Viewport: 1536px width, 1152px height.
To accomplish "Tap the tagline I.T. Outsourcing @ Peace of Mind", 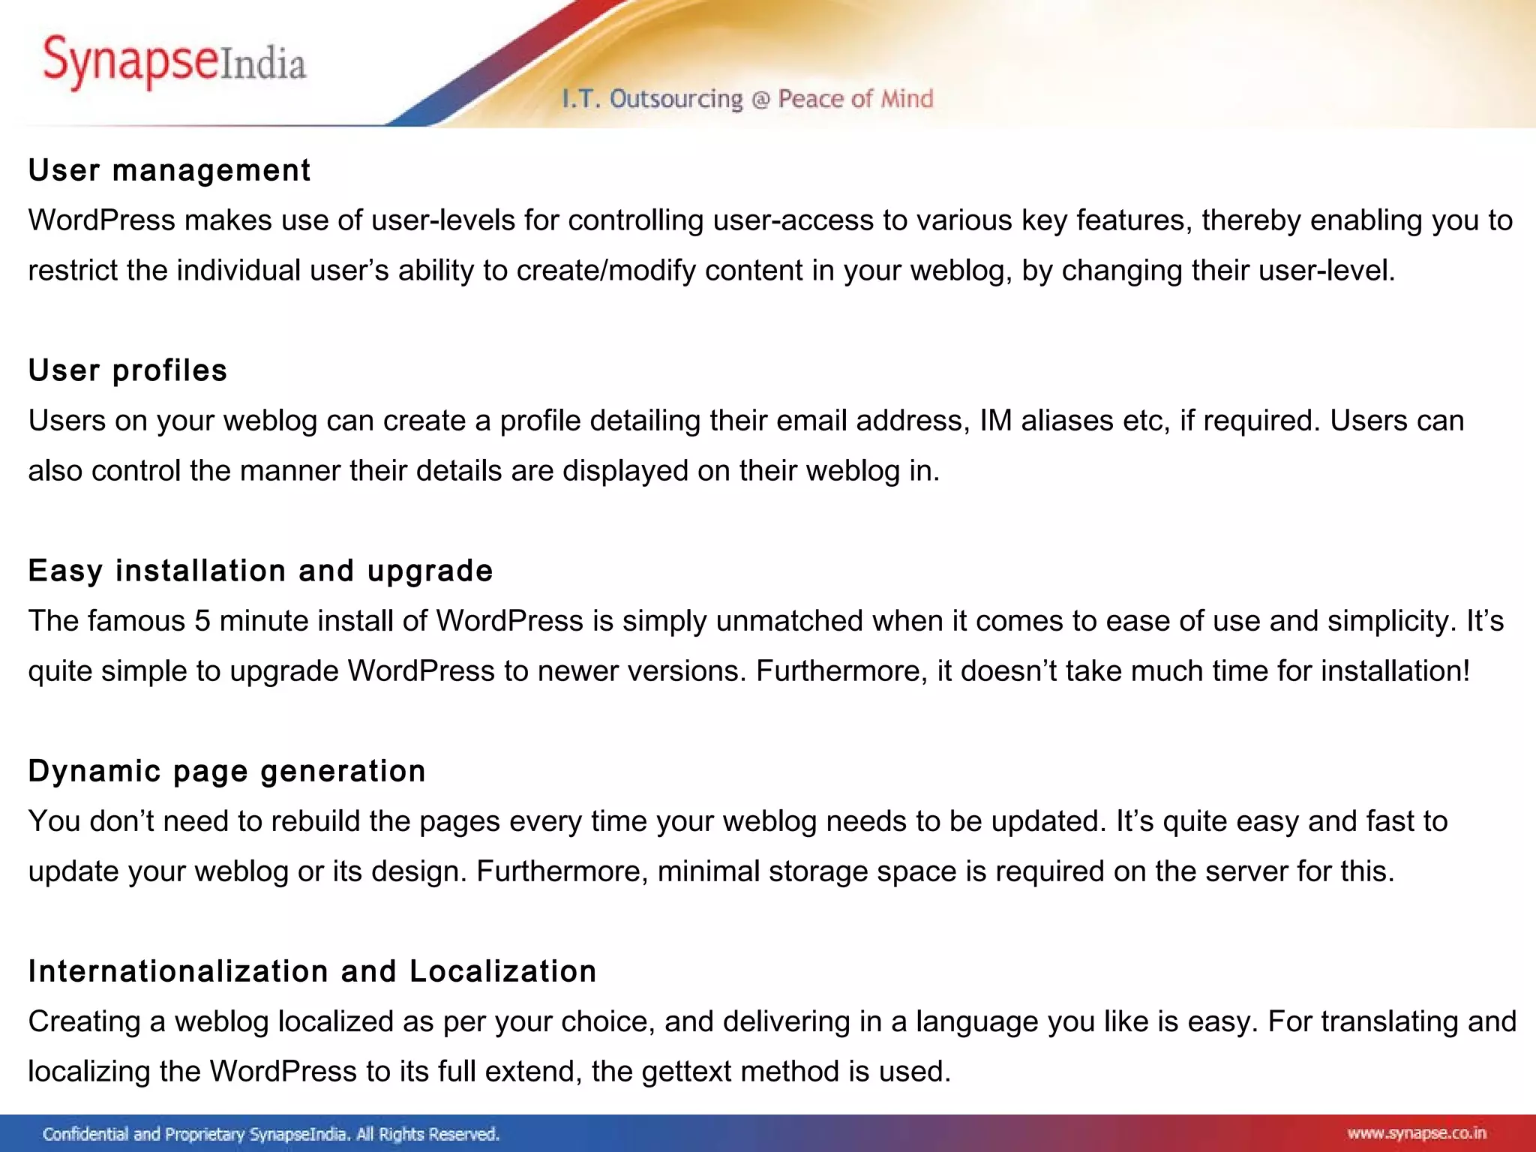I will (748, 99).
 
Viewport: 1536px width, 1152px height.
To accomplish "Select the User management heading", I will (169, 171).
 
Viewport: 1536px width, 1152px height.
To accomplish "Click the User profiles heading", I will (127, 371).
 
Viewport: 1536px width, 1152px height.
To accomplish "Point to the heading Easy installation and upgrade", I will (260, 571).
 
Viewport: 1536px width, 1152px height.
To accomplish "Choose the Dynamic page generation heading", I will (226, 772).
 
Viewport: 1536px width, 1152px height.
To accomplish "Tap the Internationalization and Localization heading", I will (312, 972).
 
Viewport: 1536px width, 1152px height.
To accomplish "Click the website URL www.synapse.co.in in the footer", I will (1416, 1133).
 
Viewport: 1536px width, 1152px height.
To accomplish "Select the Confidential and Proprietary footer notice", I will (271, 1134).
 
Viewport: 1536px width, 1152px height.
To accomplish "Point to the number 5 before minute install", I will (202, 621).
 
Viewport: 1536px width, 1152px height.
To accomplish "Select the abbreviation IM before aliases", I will (996, 421).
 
